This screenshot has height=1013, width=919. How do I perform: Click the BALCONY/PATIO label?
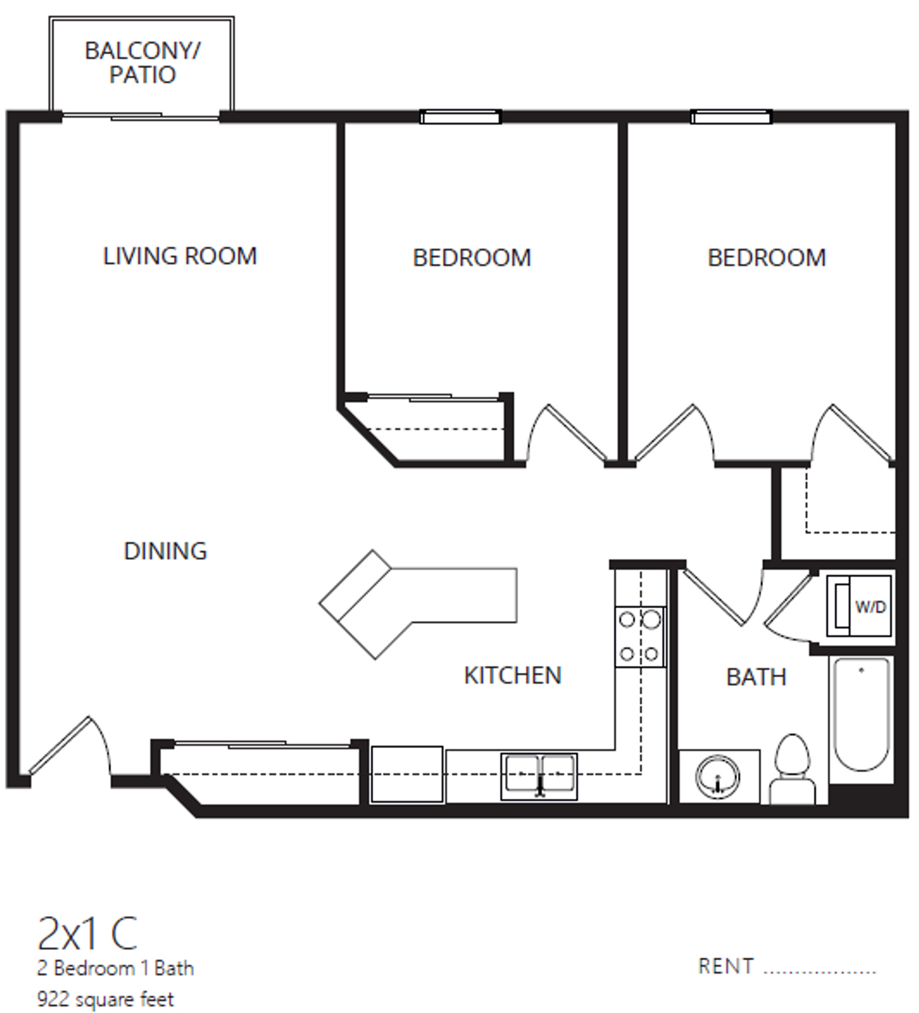coord(142,63)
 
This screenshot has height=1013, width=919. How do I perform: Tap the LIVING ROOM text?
coord(180,256)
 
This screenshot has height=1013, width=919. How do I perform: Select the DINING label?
coord(165,551)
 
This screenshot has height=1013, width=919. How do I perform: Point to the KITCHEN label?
coord(512,676)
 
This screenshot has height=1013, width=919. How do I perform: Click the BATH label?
coord(756,677)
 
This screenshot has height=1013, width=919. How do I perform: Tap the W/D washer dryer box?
coord(858,607)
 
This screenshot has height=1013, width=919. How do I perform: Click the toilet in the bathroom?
coord(792,771)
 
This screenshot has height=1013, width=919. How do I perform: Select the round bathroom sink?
coord(717,777)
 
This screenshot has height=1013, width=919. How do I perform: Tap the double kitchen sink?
coord(539,775)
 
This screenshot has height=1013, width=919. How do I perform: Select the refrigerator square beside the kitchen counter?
coord(407,775)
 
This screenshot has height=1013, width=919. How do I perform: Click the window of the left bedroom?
coord(460,117)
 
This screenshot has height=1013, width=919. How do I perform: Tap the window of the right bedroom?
coord(731,117)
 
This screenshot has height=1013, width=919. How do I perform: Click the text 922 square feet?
coord(105,999)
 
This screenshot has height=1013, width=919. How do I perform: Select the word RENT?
coord(725,967)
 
